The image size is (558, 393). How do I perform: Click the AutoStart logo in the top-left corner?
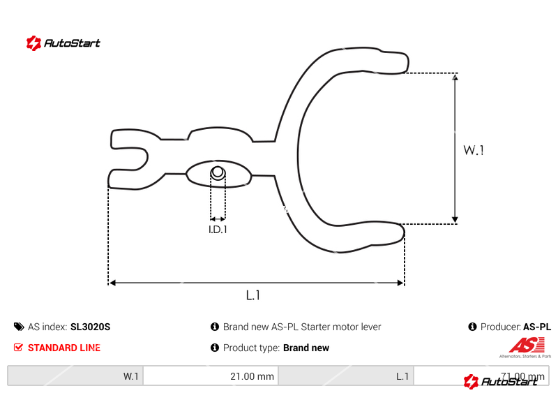click(63, 43)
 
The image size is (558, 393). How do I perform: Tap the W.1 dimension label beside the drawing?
click(474, 150)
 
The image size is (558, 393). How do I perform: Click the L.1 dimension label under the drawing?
click(252, 295)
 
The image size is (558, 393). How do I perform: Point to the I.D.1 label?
click(218, 229)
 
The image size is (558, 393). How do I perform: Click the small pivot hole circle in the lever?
click(218, 173)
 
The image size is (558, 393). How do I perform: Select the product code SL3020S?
click(91, 327)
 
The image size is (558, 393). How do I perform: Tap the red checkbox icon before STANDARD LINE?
click(18, 348)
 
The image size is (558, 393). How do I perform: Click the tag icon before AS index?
click(18, 327)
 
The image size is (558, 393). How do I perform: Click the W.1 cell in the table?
click(75, 376)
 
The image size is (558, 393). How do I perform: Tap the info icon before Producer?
click(472, 327)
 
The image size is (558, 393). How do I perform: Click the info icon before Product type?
click(215, 348)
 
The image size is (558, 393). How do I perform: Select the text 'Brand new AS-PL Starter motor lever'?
click(302, 327)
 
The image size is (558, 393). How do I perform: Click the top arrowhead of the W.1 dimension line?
click(455, 77)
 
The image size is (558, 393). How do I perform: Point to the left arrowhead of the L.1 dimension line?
click(112, 283)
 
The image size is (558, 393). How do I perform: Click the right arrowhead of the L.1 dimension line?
click(400, 283)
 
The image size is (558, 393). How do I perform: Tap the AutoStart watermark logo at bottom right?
click(500, 381)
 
